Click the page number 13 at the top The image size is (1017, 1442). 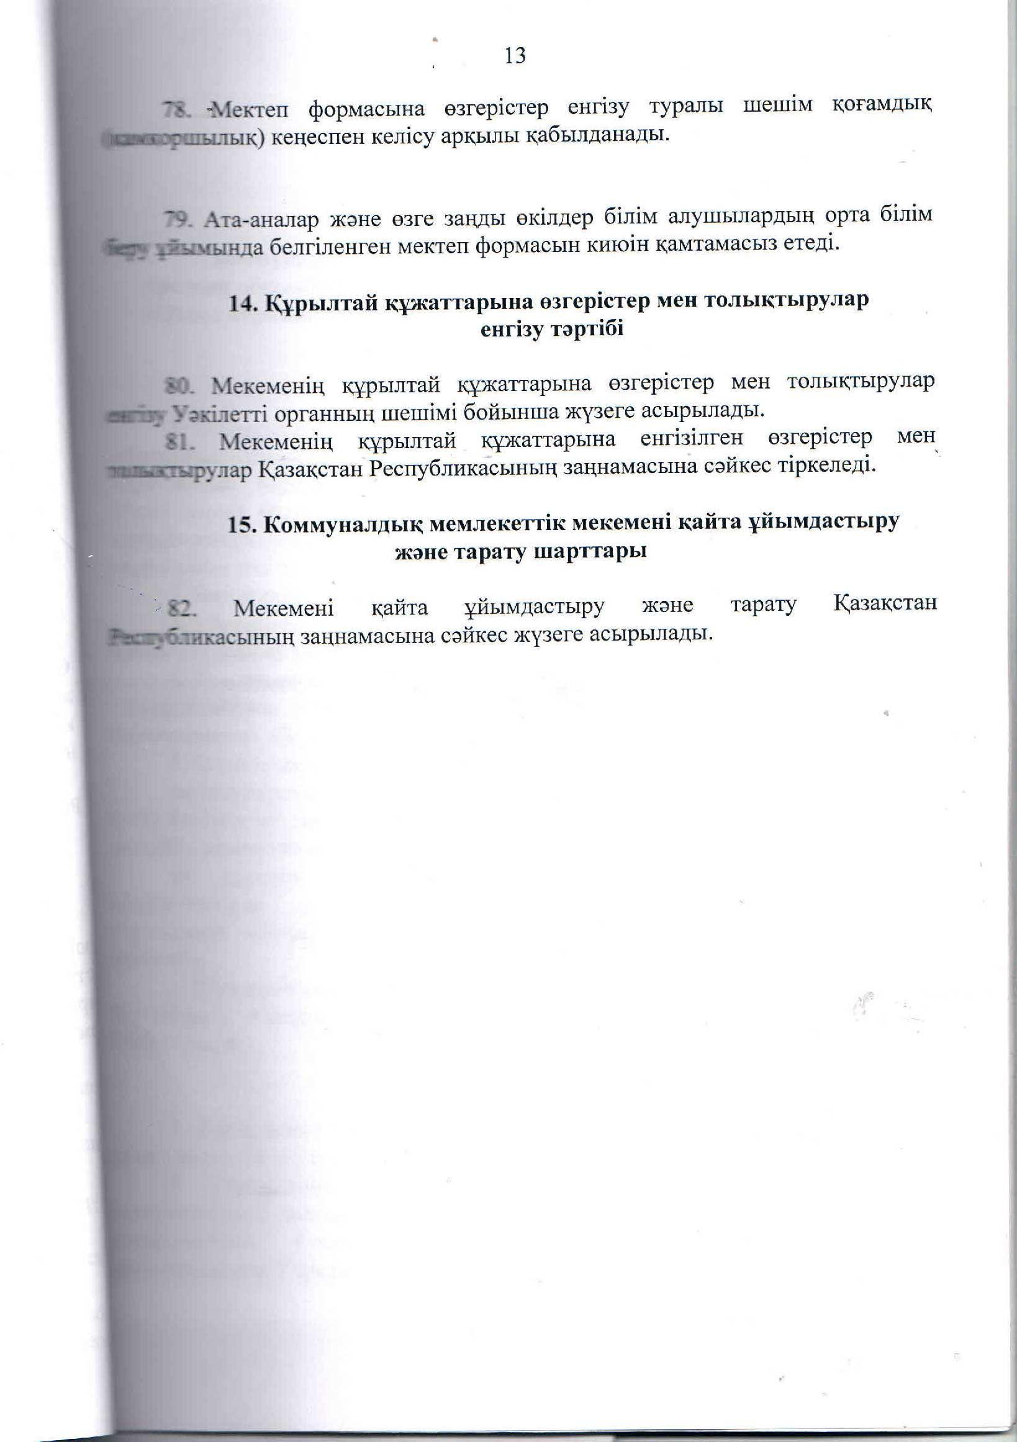[x=515, y=56]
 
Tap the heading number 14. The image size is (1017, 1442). [x=242, y=303]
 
